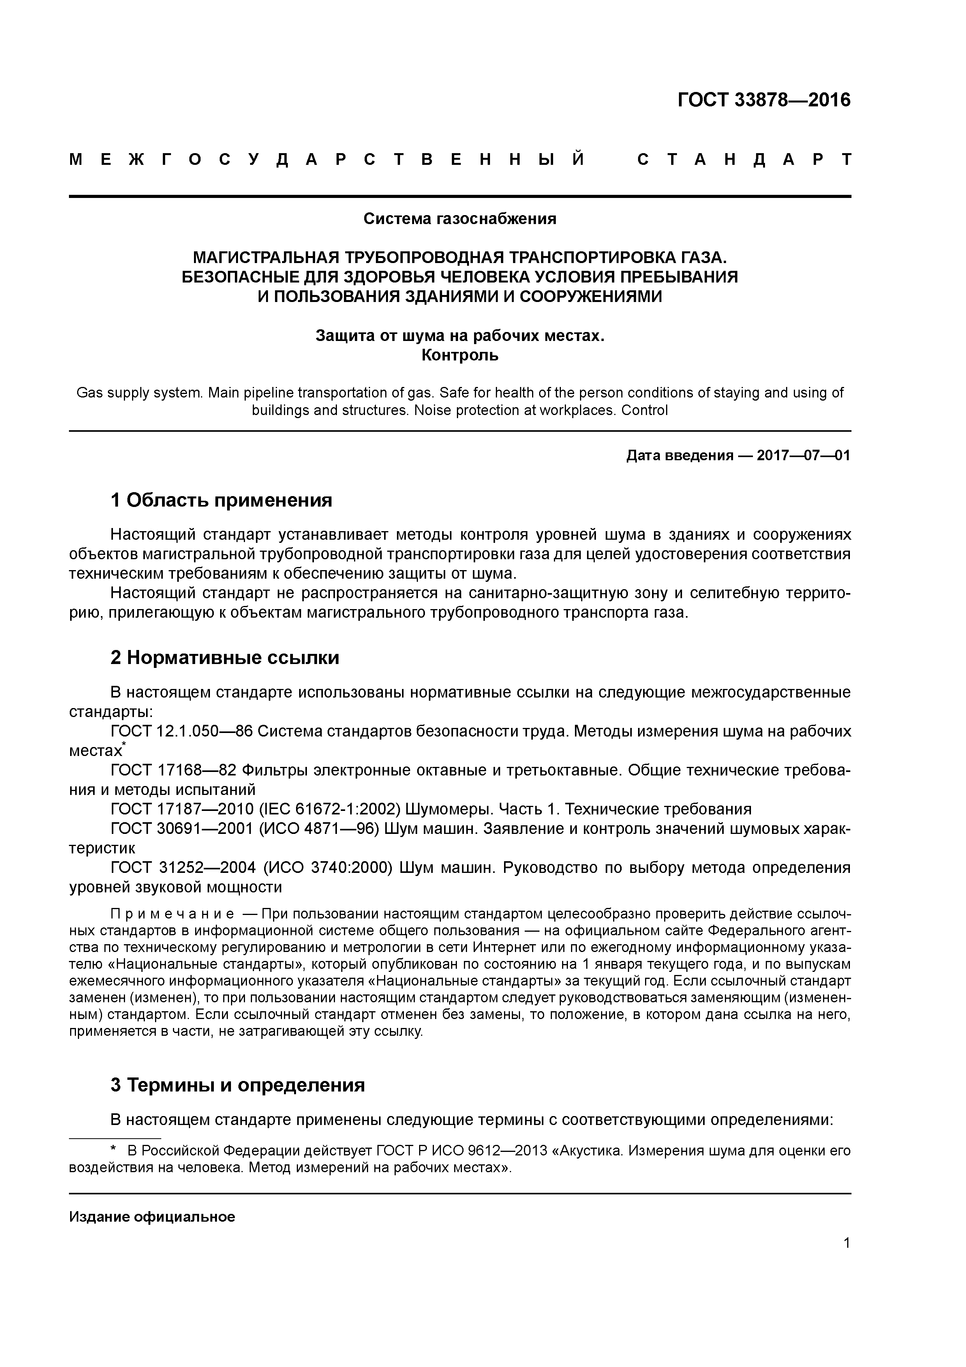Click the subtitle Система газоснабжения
click(x=460, y=219)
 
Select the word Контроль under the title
click(x=460, y=355)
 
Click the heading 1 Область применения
click(x=221, y=500)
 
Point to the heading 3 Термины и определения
click(x=238, y=1085)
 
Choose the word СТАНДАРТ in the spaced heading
click(x=744, y=159)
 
